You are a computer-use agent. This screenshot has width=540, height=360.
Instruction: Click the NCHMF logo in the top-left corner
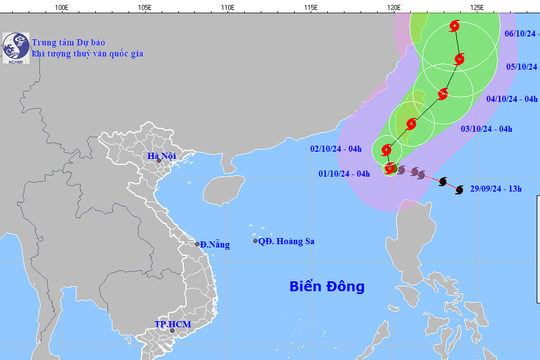tap(14, 45)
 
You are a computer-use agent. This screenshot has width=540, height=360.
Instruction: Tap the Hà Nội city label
tap(161, 156)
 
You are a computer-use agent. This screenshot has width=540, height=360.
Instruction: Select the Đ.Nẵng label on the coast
tap(214, 245)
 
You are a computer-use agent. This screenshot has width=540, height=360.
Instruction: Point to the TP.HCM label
tap(172, 325)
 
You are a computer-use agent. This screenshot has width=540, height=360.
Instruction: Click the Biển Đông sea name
tap(327, 287)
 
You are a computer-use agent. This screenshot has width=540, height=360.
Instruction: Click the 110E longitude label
tap(226, 7)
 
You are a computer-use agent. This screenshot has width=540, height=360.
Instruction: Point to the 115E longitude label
tap(310, 7)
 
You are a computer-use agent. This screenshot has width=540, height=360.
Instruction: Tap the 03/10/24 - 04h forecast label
tap(486, 130)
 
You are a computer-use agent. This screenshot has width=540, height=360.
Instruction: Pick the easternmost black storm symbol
tap(458, 189)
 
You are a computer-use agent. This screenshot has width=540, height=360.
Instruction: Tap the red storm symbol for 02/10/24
tap(387, 150)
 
